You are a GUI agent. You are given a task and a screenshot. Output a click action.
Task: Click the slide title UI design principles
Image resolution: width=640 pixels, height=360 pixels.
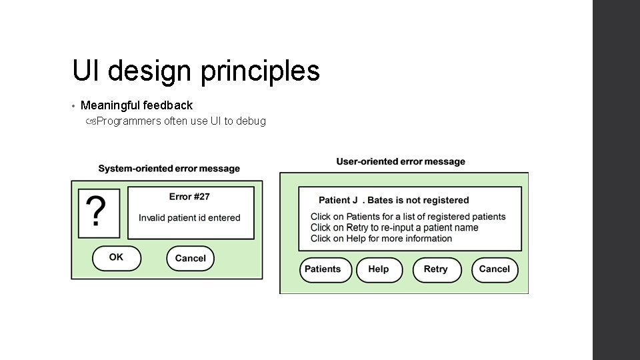point(196,71)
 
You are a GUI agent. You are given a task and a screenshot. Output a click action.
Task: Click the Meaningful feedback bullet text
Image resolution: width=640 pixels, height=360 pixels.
point(136,105)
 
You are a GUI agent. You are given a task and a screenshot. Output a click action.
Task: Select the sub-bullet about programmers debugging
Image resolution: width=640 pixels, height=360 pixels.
point(181,121)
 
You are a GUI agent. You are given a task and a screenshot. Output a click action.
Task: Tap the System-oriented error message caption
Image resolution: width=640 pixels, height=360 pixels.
point(169,169)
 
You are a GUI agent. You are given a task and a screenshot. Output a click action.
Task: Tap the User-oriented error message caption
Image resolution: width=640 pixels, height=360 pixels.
point(401,161)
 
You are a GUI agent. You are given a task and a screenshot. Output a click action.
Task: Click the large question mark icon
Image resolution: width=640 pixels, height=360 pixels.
point(98,213)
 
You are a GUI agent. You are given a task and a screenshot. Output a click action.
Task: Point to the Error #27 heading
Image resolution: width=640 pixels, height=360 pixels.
point(189,197)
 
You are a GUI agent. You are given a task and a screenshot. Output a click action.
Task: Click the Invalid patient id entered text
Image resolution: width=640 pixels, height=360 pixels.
point(189,218)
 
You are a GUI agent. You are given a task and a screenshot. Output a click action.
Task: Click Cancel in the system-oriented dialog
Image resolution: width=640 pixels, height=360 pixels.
point(190,259)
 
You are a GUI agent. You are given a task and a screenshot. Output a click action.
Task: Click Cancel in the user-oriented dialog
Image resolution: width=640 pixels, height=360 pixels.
point(494,269)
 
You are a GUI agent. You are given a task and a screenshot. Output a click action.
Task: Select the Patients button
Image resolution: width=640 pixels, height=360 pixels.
point(323,269)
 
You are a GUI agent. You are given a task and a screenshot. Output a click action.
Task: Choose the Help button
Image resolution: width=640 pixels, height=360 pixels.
point(378,269)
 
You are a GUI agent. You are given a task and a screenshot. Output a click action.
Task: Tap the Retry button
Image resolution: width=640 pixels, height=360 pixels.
point(435,269)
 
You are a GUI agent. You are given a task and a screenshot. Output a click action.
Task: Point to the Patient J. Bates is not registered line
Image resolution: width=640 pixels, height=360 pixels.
point(393,200)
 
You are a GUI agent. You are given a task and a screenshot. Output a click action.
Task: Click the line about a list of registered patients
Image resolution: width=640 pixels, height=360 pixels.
point(408,217)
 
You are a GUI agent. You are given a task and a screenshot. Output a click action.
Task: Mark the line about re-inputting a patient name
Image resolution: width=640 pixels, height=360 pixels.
point(394,227)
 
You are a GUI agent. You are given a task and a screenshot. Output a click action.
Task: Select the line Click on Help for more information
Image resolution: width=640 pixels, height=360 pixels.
point(381,239)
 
